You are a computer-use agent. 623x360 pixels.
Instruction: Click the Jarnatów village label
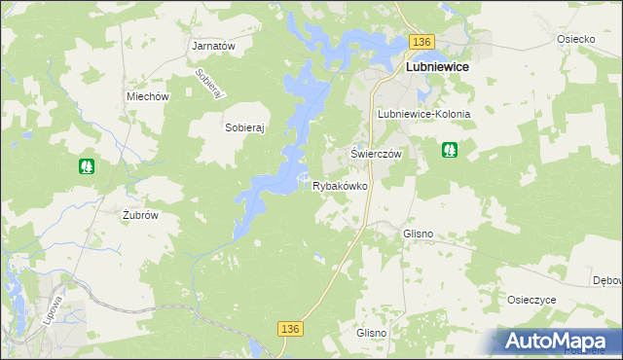[215, 46]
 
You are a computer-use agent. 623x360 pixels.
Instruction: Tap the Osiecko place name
[575, 39]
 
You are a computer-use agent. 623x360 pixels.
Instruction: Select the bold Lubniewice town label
[436, 67]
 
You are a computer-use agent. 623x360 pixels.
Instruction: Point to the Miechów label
[148, 96]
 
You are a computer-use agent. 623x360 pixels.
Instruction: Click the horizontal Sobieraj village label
[245, 127]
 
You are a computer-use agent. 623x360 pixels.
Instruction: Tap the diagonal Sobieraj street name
[210, 83]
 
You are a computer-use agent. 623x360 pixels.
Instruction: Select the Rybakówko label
[340, 185]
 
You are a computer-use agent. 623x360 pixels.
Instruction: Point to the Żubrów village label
[139, 216]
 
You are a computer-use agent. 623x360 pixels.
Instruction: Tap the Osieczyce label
[531, 300]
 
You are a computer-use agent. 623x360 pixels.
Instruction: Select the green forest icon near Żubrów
[87, 166]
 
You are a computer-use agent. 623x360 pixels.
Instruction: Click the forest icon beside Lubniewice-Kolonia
[450, 150]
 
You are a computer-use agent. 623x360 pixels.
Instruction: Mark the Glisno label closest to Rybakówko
[418, 234]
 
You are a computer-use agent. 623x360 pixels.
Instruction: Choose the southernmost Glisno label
[372, 333]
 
